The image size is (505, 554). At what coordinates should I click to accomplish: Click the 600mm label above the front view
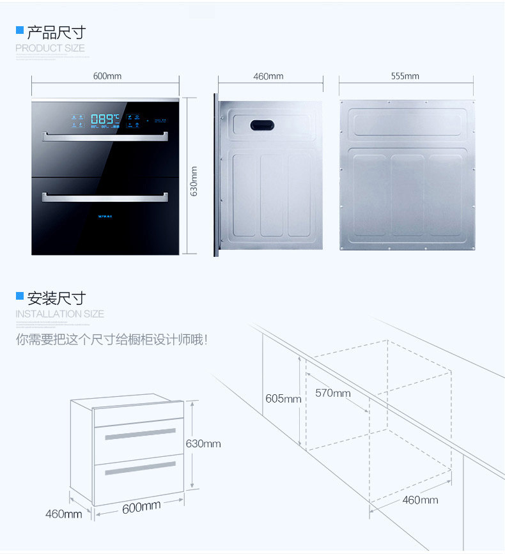click(107, 76)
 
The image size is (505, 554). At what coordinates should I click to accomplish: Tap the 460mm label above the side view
click(268, 76)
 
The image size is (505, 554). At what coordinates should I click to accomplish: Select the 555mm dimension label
click(405, 76)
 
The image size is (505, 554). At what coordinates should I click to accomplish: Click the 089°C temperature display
click(105, 119)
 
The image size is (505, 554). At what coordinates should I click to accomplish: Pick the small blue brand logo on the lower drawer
click(105, 216)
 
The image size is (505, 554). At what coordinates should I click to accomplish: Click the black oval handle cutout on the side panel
click(261, 126)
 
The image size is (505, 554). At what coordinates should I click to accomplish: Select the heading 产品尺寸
click(56, 33)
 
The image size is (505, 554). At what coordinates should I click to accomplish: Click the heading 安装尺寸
click(56, 298)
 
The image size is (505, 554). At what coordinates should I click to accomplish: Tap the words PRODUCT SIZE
click(50, 48)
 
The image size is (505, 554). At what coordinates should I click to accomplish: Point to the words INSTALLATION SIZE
click(59, 314)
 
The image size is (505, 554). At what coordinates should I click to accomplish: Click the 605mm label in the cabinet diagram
click(283, 399)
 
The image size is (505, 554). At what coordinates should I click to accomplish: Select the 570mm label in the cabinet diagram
click(332, 393)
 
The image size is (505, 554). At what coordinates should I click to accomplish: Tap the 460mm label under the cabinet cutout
click(419, 500)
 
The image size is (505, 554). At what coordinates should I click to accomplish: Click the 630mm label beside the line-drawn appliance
click(203, 443)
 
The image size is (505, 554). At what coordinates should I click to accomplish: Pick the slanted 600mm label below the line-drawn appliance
click(141, 508)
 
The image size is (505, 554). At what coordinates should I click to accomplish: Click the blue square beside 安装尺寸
click(20, 296)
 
